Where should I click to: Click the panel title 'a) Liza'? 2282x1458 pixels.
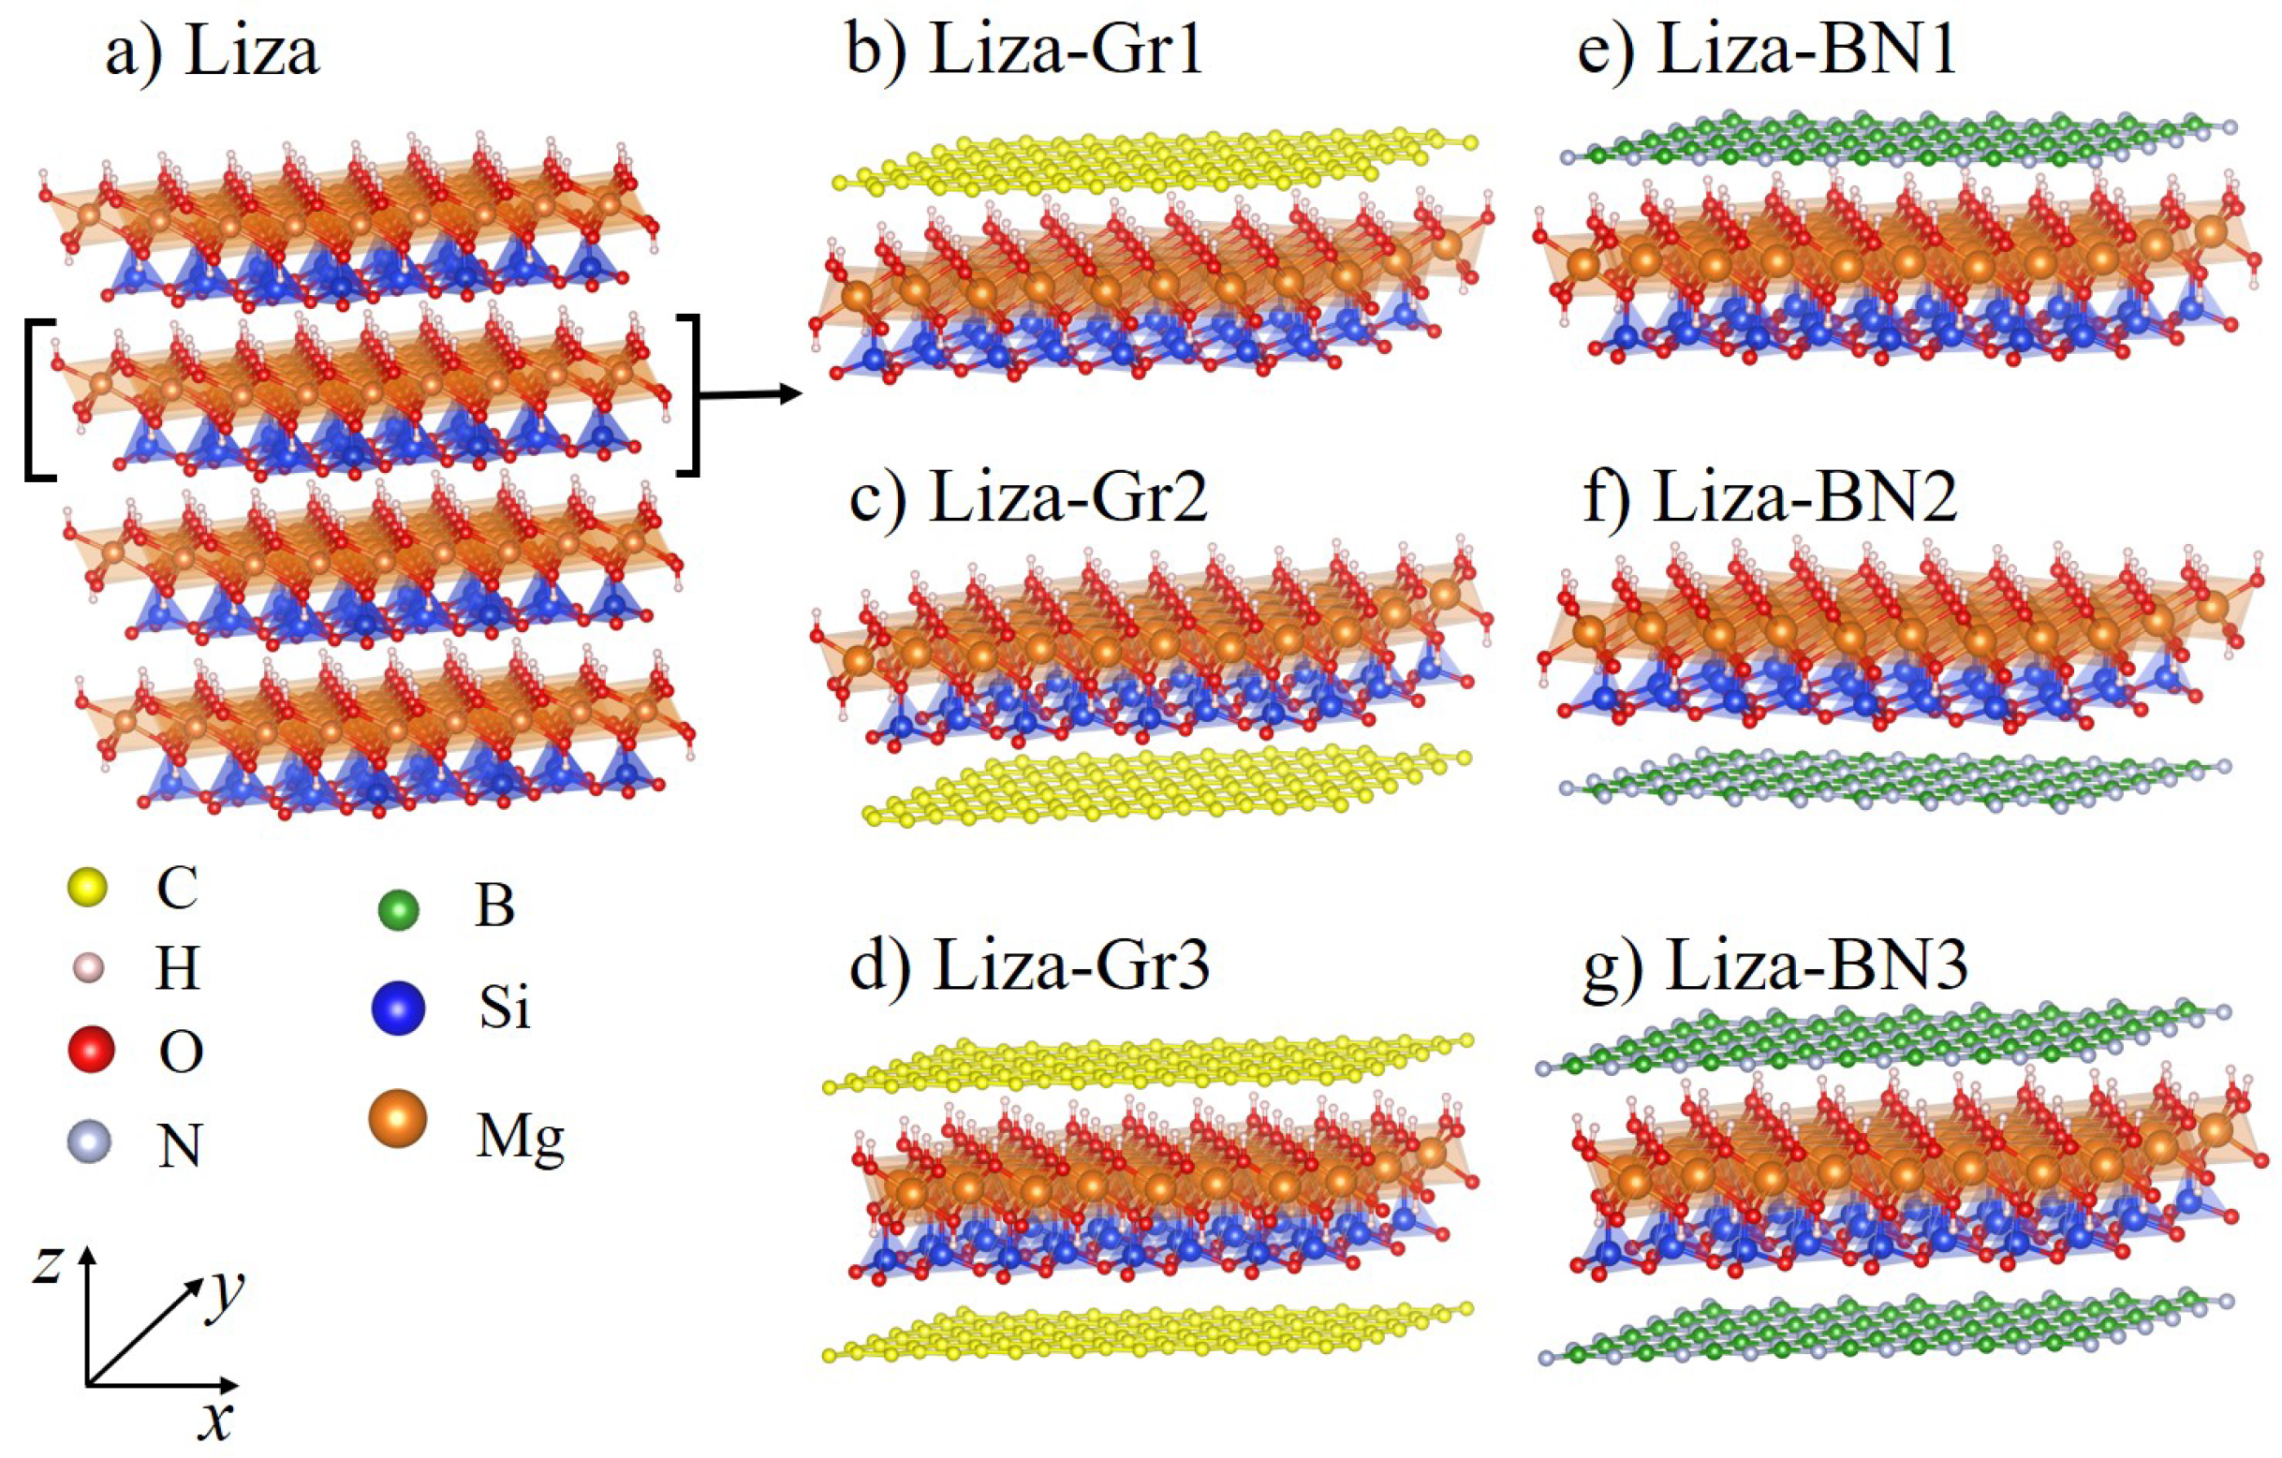(x=213, y=52)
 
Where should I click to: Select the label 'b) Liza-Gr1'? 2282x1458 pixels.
(x=1024, y=48)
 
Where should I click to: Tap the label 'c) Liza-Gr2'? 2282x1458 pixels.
(x=1028, y=497)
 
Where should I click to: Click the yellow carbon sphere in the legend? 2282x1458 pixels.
(x=88, y=888)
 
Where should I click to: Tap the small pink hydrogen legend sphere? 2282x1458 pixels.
(x=88, y=969)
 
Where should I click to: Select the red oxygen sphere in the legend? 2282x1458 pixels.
(x=91, y=1050)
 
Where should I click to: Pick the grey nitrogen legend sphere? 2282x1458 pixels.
(x=90, y=1141)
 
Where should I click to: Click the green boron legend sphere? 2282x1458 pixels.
(x=398, y=910)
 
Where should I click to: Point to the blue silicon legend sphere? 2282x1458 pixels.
(x=398, y=1007)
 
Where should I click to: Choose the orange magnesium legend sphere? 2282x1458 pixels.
(x=398, y=1119)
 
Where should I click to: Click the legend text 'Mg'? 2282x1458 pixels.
(x=520, y=1138)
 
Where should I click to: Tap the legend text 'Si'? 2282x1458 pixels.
(x=503, y=1007)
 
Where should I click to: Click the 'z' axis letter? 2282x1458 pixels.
(x=48, y=1264)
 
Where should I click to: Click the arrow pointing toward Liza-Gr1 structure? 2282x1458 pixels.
(x=749, y=394)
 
